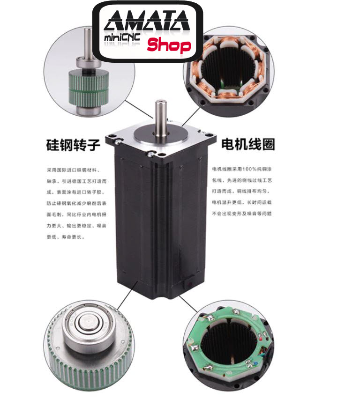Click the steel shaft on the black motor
[162, 117]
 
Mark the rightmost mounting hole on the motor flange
[213, 139]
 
